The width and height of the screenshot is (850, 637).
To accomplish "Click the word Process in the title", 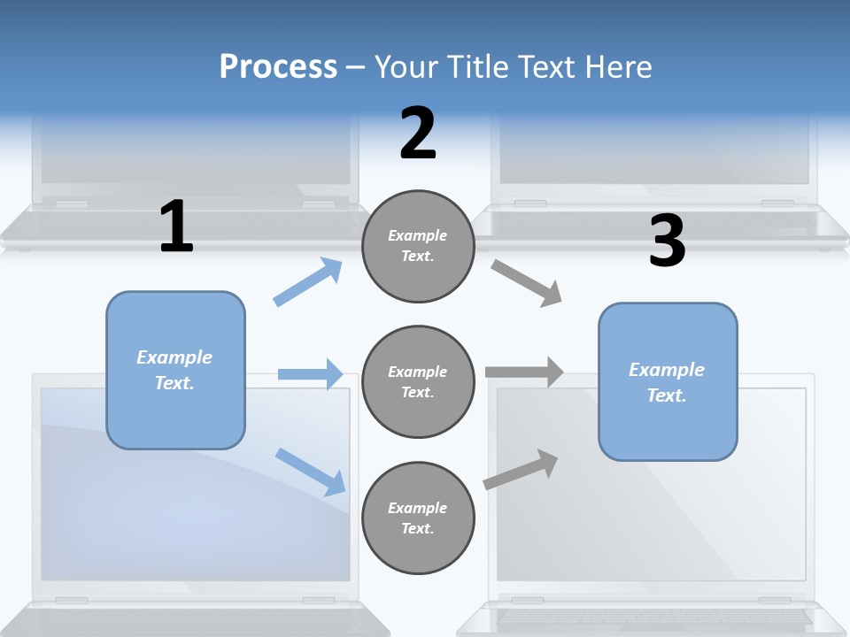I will [278, 67].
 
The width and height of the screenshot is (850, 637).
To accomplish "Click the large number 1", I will [176, 227].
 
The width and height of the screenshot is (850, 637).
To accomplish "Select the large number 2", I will [418, 134].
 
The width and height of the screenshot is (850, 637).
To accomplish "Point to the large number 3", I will [667, 242].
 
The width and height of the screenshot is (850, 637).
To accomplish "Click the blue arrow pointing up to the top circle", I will [308, 281].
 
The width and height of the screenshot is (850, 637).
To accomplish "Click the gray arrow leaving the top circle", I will [526, 282].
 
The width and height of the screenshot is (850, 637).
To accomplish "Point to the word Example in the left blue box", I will [174, 357].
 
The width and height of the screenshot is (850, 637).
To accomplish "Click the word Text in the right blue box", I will [666, 395].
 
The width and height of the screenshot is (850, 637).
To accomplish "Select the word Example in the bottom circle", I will [418, 508].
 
